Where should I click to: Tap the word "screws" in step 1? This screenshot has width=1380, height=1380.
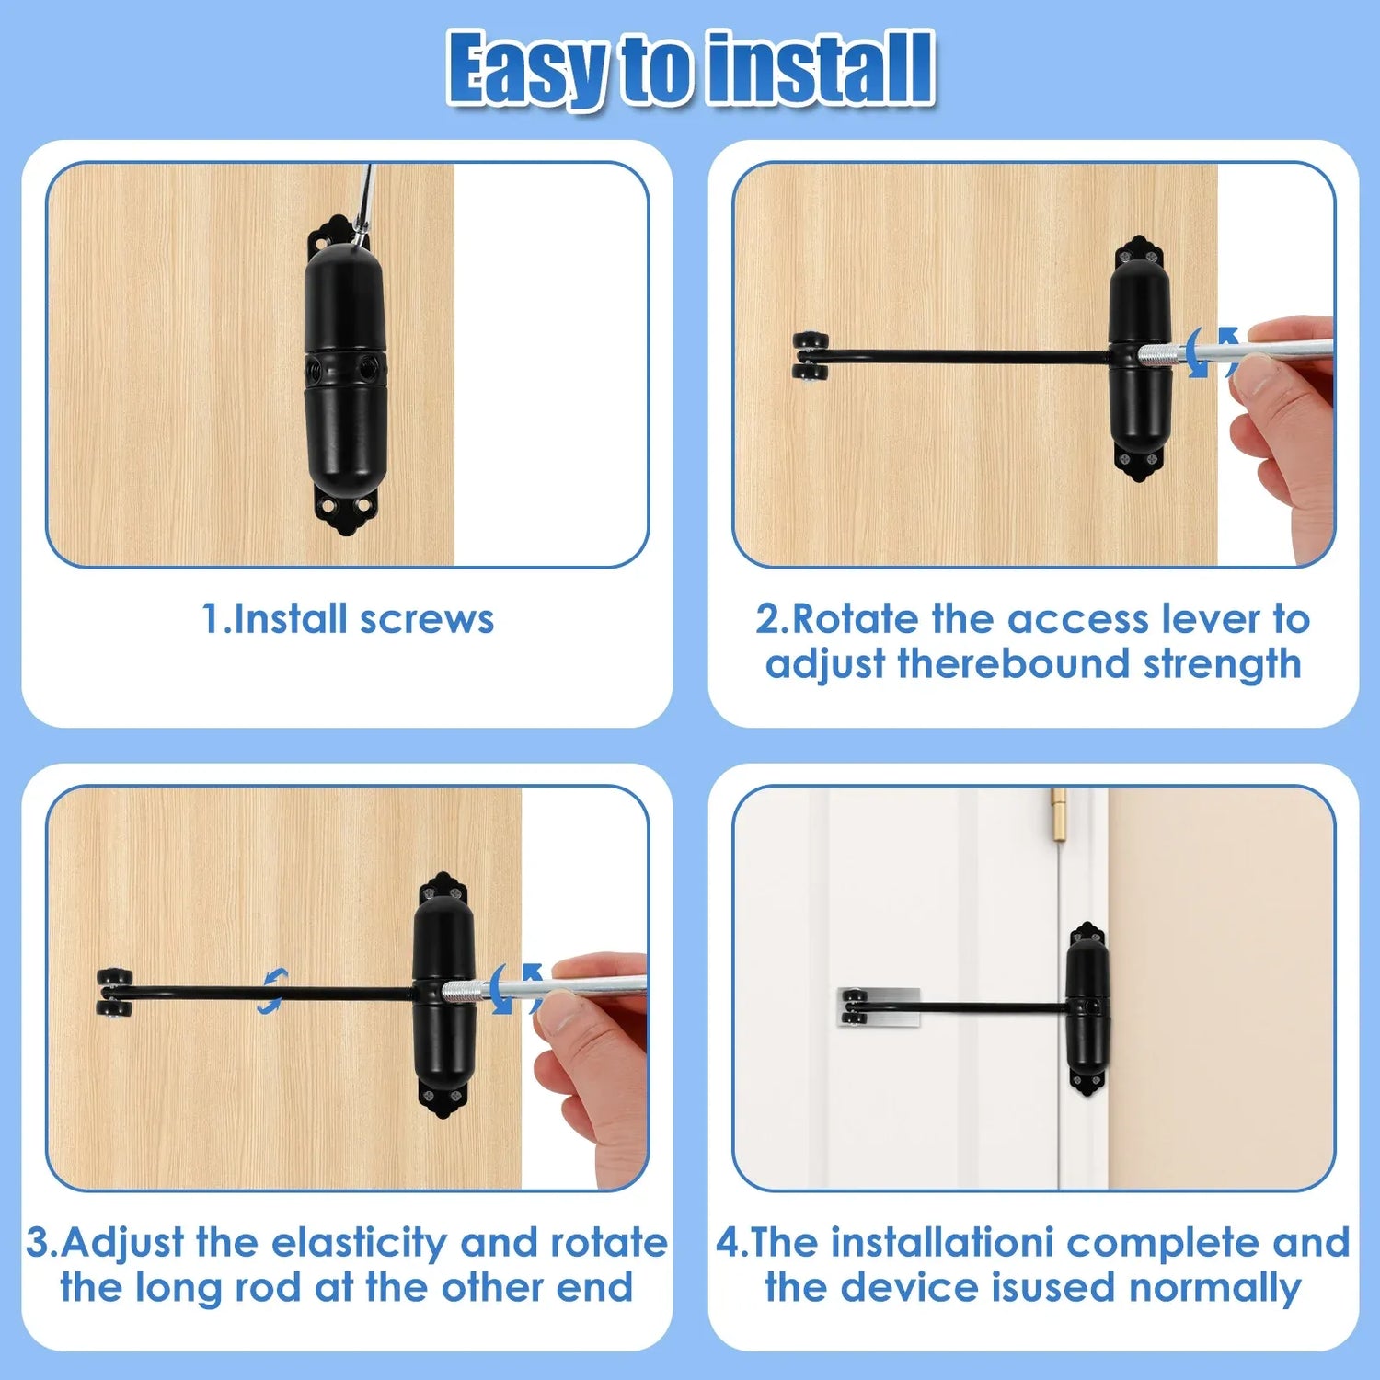pos(427,620)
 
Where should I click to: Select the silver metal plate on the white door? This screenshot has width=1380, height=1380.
pos(880,1006)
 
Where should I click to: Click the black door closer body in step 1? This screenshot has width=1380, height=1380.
pos(345,369)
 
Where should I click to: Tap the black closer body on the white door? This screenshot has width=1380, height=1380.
pos(1087,1008)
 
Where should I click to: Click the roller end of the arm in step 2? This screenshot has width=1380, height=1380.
pos(811,356)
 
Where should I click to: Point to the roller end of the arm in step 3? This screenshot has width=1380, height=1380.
pos(115,993)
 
